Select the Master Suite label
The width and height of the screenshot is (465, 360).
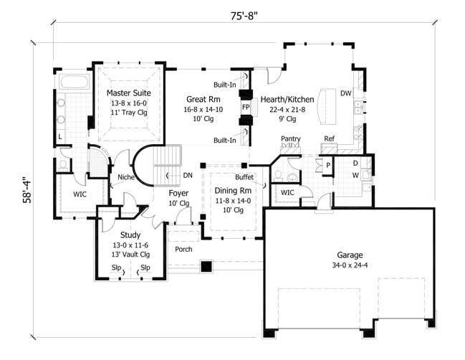tap(126, 93)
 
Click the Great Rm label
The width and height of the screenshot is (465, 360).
tap(203, 99)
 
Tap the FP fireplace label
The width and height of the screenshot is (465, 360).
tap(245, 107)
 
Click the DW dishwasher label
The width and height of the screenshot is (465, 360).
tap(345, 93)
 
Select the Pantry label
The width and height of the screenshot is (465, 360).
tap(290, 139)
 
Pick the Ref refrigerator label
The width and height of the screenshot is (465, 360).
tap(329, 139)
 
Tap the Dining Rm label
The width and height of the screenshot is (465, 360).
tap(231, 191)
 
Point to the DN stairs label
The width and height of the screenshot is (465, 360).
tap(187, 175)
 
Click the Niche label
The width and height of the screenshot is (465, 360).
tap(127, 178)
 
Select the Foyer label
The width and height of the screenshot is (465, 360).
tap(178, 193)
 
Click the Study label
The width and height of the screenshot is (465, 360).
tap(130, 235)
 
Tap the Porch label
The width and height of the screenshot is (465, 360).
tap(183, 250)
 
